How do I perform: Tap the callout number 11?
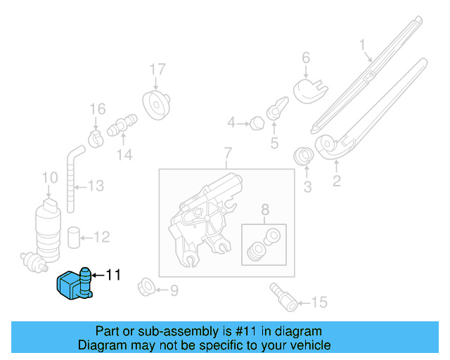coord(112,275)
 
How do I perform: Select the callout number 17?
coord(157,70)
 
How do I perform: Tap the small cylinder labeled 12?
coord(74,237)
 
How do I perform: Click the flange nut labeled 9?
coord(148,288)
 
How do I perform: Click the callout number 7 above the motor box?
coord(227,153)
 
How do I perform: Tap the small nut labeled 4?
coord(257,124)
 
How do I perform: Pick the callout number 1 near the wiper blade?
coord(363,46)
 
